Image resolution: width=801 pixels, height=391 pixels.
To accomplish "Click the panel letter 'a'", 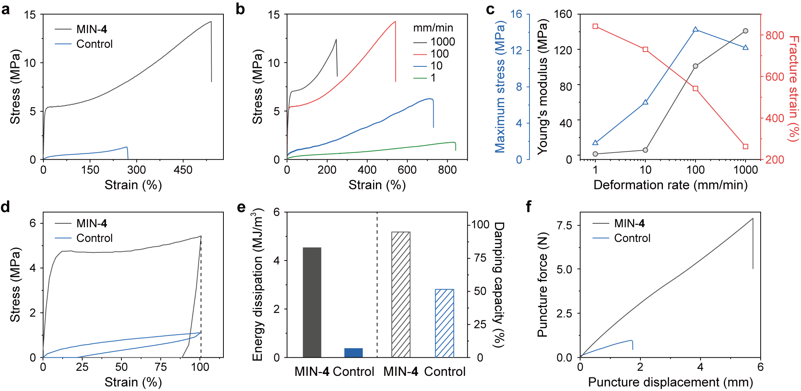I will (5, 9).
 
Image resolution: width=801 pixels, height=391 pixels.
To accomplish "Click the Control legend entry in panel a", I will (94, 44).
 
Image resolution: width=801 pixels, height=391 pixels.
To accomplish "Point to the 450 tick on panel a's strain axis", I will (183, 170).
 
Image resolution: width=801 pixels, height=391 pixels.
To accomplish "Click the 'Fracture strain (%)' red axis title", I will (794, 89).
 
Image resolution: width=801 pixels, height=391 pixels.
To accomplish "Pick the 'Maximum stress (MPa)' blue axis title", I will (500, 87).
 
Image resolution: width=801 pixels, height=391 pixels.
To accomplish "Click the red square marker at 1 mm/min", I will (595, 26).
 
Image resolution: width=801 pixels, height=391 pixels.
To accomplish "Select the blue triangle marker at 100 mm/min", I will (695, 30).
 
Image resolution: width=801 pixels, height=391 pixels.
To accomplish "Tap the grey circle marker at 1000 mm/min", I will (746, 31).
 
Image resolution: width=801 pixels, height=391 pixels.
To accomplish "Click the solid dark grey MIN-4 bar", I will (312, 302).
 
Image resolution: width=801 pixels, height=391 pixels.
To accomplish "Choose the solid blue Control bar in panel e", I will (353, 353).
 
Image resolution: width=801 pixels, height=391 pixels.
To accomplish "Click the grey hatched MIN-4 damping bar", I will (401, 294).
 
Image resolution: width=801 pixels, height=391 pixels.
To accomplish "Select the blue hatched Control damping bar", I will (445, 323).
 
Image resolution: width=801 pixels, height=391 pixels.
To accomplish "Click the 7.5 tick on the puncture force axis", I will (564, 226).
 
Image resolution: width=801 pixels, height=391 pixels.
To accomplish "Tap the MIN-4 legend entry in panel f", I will (629, 224).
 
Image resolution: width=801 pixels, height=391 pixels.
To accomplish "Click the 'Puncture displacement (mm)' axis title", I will (670, 382).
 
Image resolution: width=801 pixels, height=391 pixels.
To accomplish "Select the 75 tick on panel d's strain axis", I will (161, 367).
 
